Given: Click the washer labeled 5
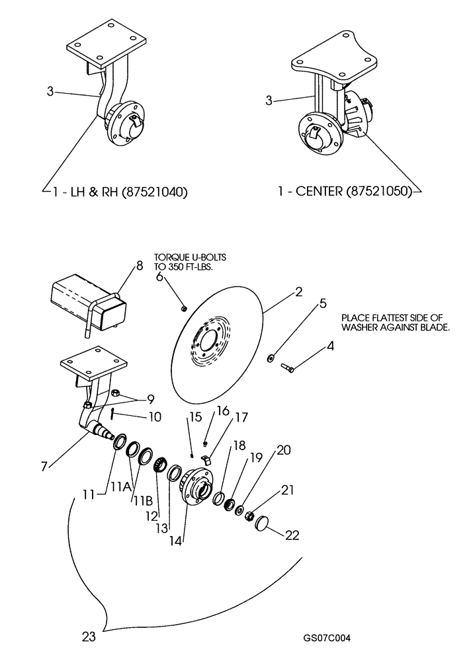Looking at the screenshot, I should [x=272, y=358].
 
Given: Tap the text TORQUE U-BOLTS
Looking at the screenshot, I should [x=185, y=257].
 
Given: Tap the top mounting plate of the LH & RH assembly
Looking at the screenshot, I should [x=106, y=44].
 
